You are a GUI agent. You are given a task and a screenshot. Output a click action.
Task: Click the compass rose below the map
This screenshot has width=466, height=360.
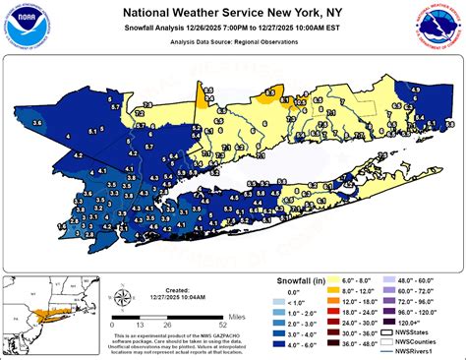tap(122, 300)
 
